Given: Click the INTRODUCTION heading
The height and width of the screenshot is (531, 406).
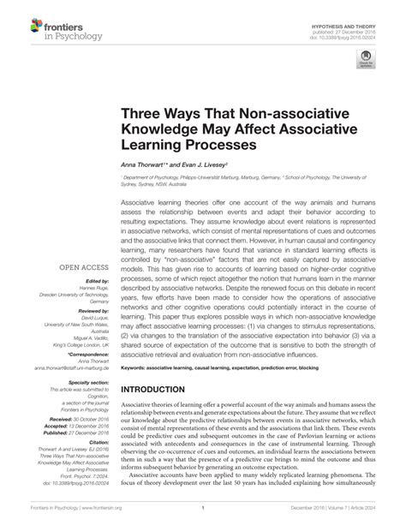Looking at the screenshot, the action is [159, 389].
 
